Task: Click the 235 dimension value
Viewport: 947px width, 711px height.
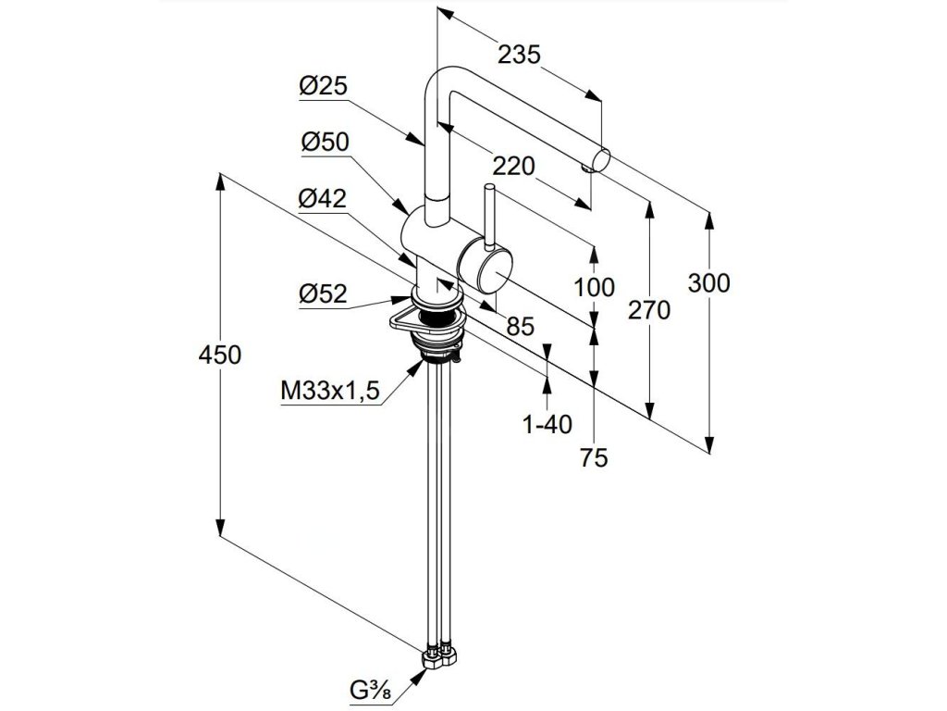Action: tap(518, 55)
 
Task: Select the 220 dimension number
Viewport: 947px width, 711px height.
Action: tap(513, 167)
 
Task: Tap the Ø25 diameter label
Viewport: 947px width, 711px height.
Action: tap(322, 87)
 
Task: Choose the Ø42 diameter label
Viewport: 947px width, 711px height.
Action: tap(322, 198)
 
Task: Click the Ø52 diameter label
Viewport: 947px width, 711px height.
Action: tap(322, 294)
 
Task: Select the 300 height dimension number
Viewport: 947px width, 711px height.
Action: tap(709, 283)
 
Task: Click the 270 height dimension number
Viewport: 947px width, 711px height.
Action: tap(648, 312)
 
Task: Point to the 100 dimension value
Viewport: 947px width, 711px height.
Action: tap(593, 287)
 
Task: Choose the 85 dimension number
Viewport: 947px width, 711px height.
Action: tap(521, 326)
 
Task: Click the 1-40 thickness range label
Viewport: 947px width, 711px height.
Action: tap(547, 425)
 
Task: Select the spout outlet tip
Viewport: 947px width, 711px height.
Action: tap(599, 159)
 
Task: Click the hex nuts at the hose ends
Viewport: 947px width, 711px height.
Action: tap(440, 658)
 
